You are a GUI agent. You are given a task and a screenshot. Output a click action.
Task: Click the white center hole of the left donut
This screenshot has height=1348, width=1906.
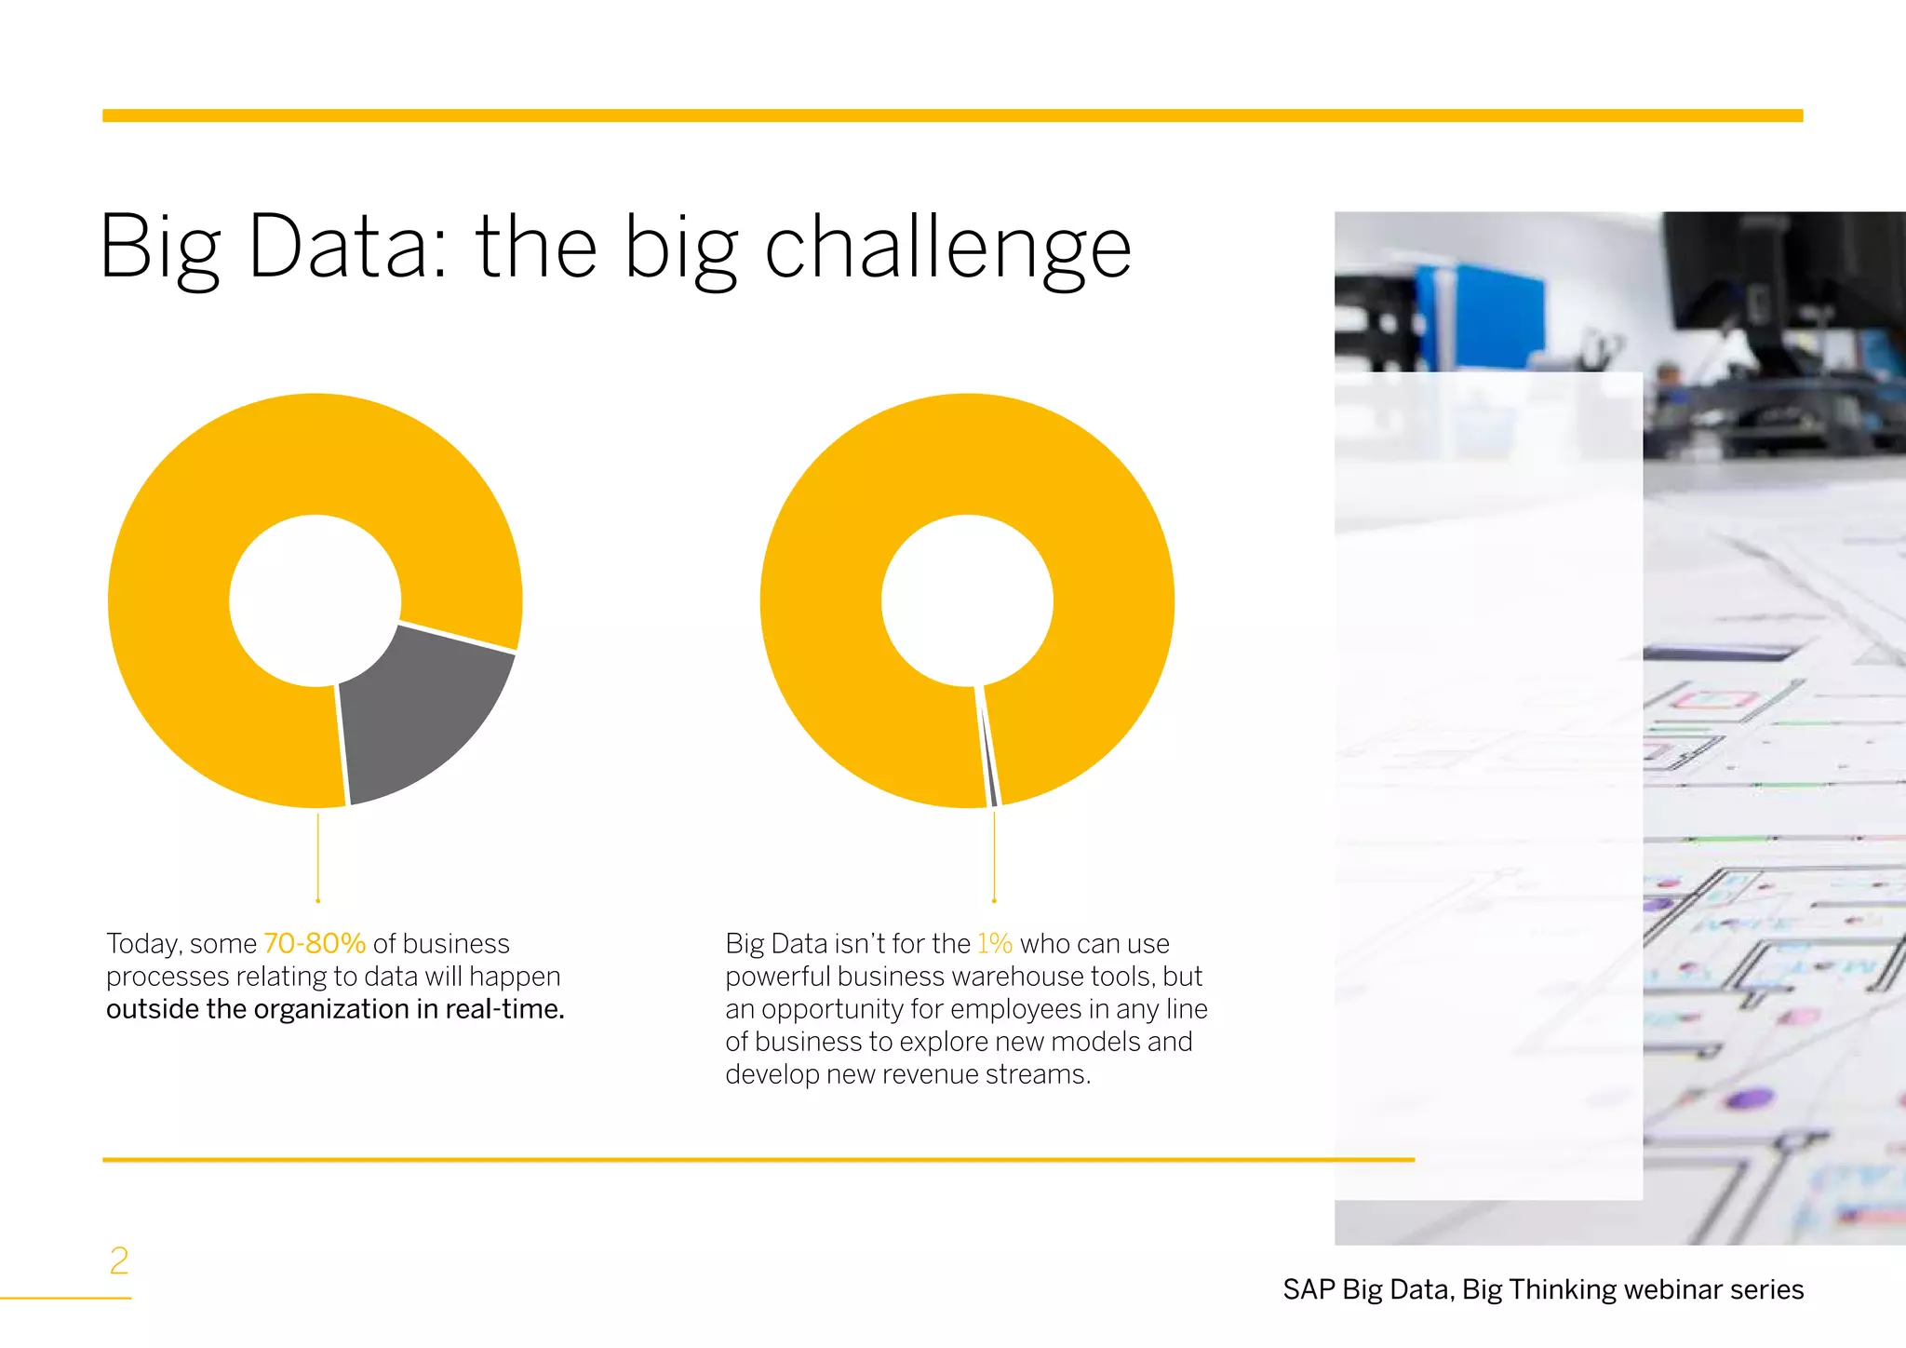pyautogui.click(x=315, y=600)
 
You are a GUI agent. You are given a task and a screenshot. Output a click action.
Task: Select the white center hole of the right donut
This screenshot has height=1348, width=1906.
pyautogui.click(x=967, y=600)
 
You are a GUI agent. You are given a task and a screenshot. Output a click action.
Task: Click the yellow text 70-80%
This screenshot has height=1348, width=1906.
pyautogui.click(x=315, y=943)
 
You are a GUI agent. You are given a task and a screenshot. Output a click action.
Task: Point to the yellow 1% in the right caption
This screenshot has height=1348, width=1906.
pyautogui.click(x=994, y=943)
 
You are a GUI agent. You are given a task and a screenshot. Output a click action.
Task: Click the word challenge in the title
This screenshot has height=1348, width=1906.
pyautogui.click(x=947, y=248)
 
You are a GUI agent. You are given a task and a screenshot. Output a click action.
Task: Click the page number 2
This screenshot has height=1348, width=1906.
pyautogui.click(x=119, y=1260)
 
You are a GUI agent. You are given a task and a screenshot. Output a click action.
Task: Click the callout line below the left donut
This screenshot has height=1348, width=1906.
pyautogui.click(x=318, y=856)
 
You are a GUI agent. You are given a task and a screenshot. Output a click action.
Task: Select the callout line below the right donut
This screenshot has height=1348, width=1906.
pyautogui.click(x=994, y=856)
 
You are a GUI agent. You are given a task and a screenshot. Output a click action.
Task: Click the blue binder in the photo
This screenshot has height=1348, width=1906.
pyautogui.click(x=1480, y=317)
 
